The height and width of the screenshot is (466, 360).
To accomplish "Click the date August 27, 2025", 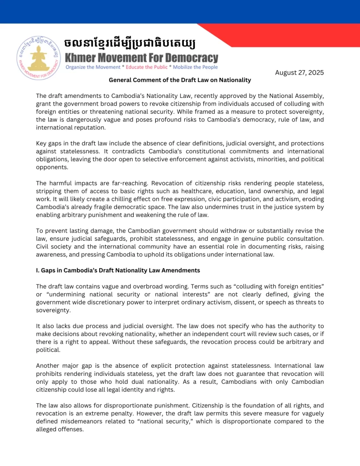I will click(299, 72).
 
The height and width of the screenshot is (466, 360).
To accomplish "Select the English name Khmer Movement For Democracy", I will click(142, 58).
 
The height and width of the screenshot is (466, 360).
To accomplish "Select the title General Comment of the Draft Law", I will click(180, 80).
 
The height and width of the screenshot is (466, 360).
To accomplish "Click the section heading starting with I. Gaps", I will click(118, 270).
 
